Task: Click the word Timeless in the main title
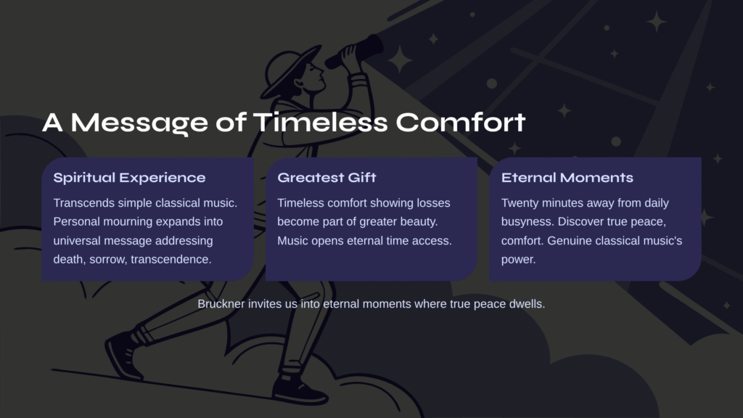point(321,122)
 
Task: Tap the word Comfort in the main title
point(461,122)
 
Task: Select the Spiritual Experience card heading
point(129,178)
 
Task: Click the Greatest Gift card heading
point(327,178)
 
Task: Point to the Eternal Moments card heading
point(567,178)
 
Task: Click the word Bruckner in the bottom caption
point(221,304)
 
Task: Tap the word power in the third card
point(518,260)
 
